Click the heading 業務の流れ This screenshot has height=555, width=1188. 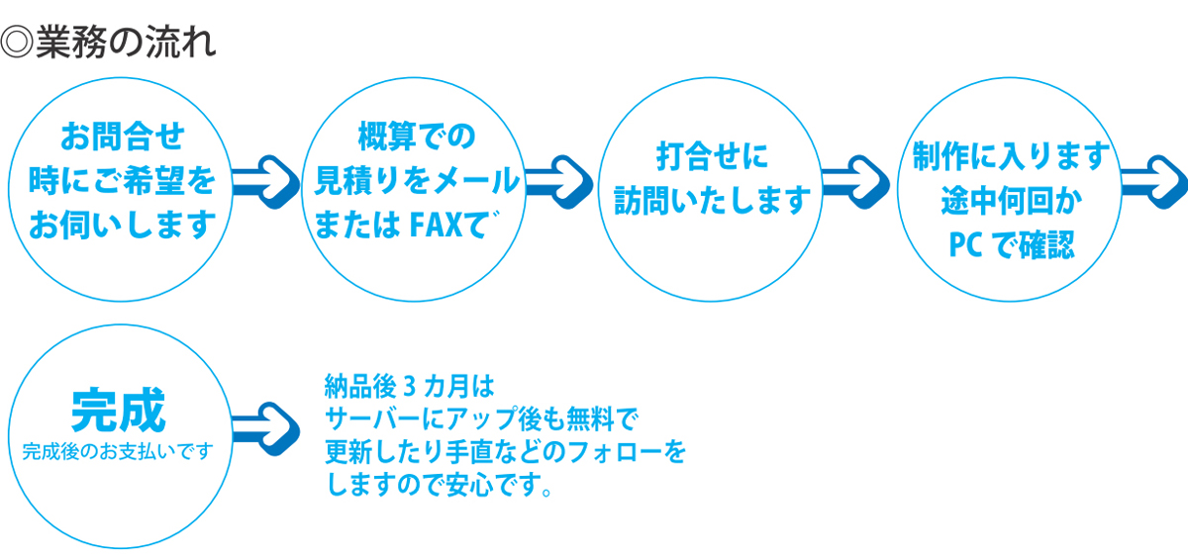tap(127, 42)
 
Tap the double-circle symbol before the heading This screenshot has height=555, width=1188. tap(17, 42)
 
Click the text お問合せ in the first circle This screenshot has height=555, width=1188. tap(123, 137)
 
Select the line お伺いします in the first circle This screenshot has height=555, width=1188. tap(122, 225)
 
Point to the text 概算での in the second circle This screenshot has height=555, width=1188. tap(417, 137)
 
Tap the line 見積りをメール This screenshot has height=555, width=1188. tap(417, 180)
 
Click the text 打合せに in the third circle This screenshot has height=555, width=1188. tap(712, 156)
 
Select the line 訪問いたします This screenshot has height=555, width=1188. tap(712, 201)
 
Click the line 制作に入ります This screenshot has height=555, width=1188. tap(1011, 156)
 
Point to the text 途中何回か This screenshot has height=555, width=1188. tap(1012, 201)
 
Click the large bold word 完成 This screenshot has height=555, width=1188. tap(119, 411)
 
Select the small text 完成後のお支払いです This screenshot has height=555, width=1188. tap(118, 452)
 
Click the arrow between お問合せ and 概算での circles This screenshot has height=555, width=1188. tap(265, 182)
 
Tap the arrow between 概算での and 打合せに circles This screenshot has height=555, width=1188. tap(559, 182)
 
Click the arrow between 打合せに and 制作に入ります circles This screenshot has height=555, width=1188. tap(855, 182)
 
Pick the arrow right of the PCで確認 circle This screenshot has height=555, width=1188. tap(1154, 182)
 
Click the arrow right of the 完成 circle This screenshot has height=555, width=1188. tap(265, 428)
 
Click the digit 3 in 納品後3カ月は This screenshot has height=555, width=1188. tap(409, 387)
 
